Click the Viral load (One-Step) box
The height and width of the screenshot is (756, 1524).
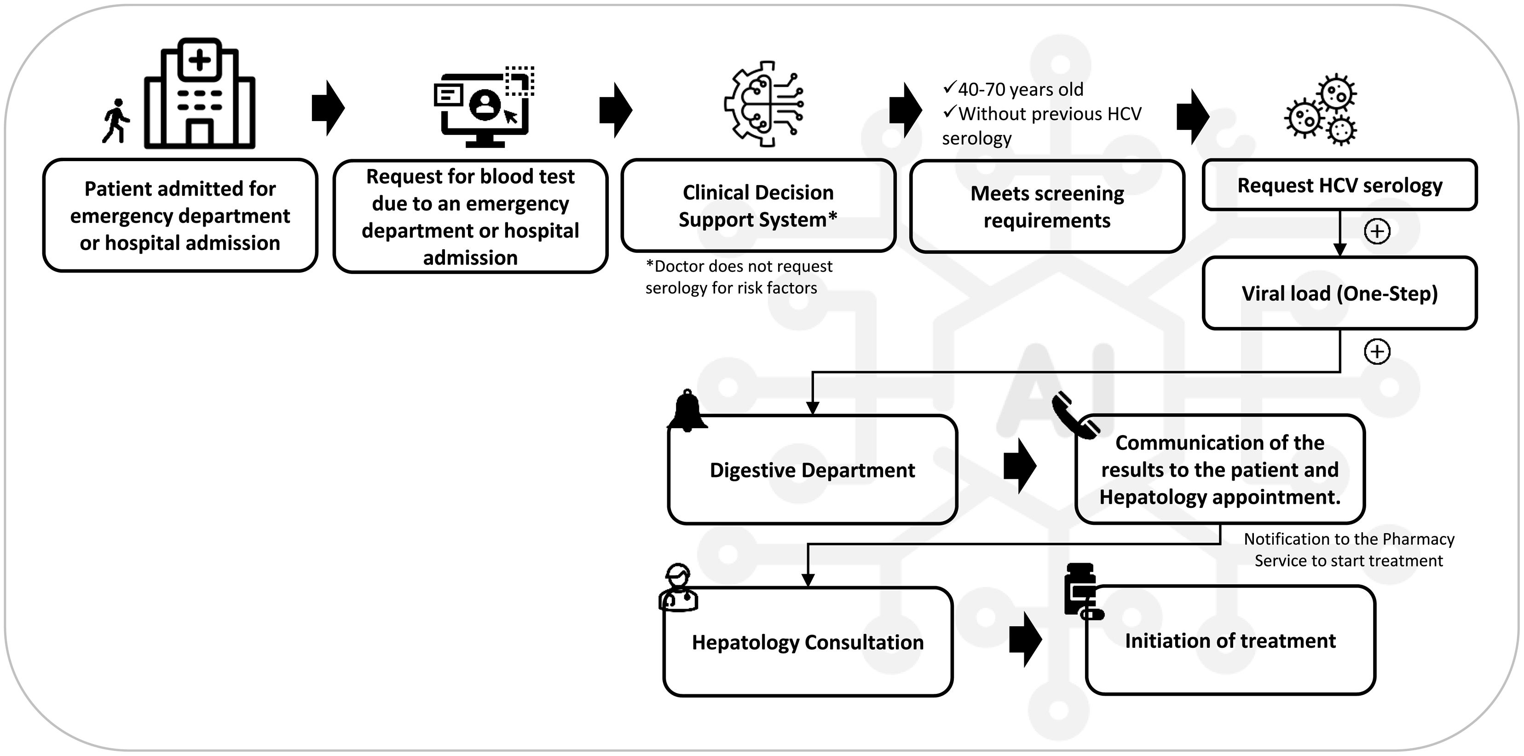1339,293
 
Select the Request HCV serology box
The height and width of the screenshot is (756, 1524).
1339,185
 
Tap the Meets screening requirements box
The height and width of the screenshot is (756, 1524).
1046,207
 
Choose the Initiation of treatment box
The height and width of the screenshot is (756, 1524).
1230,640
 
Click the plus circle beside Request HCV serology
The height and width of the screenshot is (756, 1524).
1377,231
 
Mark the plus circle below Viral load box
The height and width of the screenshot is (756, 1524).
1377,352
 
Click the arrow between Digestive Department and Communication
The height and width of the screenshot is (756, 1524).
1020,466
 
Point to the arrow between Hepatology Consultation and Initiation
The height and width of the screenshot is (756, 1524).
1025,640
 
